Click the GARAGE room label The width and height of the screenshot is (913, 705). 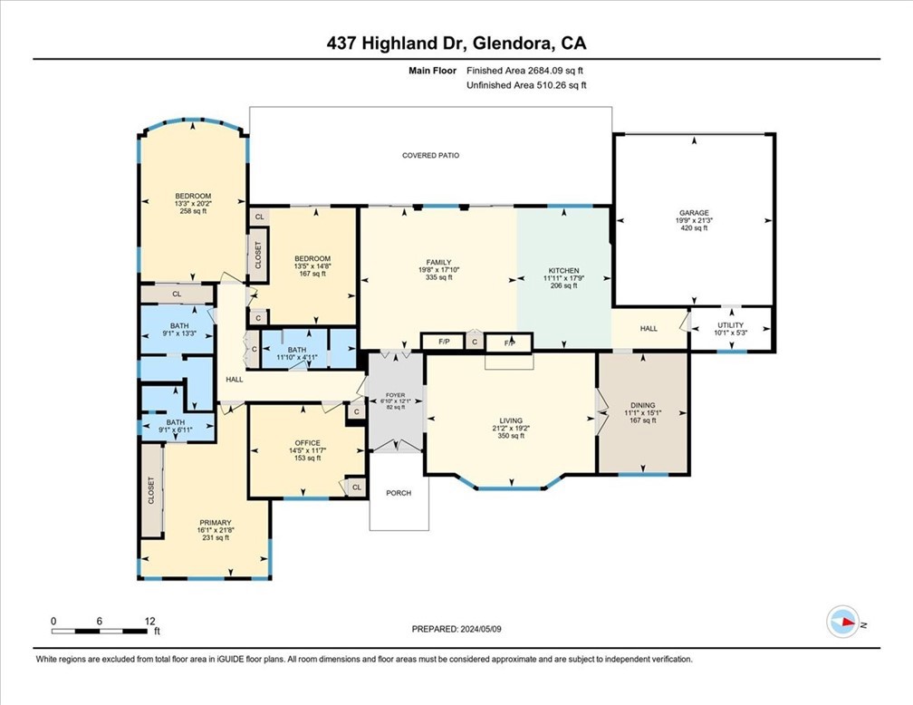pyautogui.click(x=694, y=213)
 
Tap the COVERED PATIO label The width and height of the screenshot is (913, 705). pyautogui.click(x=431, y=156)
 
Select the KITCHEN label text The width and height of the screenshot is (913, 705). pyautogui.click(x=563, y=271)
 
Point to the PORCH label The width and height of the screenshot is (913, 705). pyautogui.click(x=399, y=493)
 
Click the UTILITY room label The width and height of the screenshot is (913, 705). pyautogui.click(x=730, y=325)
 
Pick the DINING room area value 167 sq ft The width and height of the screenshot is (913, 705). pyautogui.click(x=643, y=420)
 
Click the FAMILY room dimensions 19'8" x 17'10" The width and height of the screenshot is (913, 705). pyautogui.click(x=438, y=270)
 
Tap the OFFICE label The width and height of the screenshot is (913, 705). pyautogui.click(x=307, y=443)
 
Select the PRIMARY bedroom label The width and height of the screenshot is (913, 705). pyautogui.click(x=216, y=523)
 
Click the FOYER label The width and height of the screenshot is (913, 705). pyautogui.click(x=395, y=396)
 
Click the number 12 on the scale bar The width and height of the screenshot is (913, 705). pyautogui.click(x=149, y=622)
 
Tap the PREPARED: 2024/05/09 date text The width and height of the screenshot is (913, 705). pyautogui.click(x=456, y=629)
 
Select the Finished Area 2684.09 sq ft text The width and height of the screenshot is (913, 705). pyautogui.click(x=524, y=71)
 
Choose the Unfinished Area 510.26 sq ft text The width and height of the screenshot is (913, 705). pyautogui.click(x=526, y=85)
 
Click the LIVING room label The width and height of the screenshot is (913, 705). pyautogui.click(x=511, y=420)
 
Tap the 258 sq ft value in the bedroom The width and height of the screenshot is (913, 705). pyautogui.click(x=193, y=211)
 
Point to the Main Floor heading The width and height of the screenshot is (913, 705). pyautogui.click(x=433, y=71)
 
